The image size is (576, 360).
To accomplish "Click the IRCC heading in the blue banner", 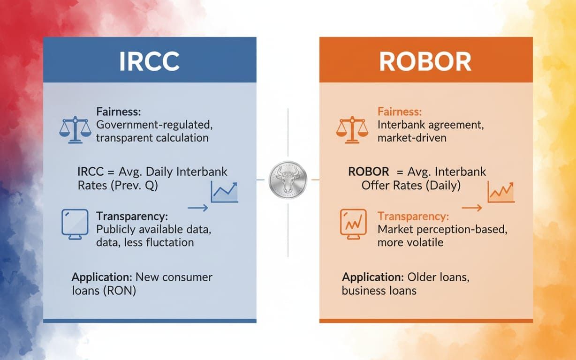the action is [149, 61].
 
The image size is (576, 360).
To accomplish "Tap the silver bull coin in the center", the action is [288, 180].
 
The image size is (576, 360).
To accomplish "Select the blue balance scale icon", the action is [75, 130].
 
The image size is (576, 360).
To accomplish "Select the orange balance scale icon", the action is [352, 130].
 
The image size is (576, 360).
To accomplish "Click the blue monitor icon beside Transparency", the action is [75, 224].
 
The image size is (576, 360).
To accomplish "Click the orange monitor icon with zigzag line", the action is [353, 224].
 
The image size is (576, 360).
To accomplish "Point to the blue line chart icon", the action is [225, 192].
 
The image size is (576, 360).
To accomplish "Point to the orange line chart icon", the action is [501, 192].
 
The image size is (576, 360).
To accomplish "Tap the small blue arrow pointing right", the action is [198, 208].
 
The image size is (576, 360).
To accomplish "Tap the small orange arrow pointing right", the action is [472, 208].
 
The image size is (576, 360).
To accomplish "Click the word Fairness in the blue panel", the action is [119, 112].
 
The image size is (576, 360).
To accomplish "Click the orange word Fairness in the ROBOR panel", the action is [400, 112].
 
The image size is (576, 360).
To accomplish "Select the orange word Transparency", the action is [413, 217].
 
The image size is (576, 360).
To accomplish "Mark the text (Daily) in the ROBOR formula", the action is [443, 186].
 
